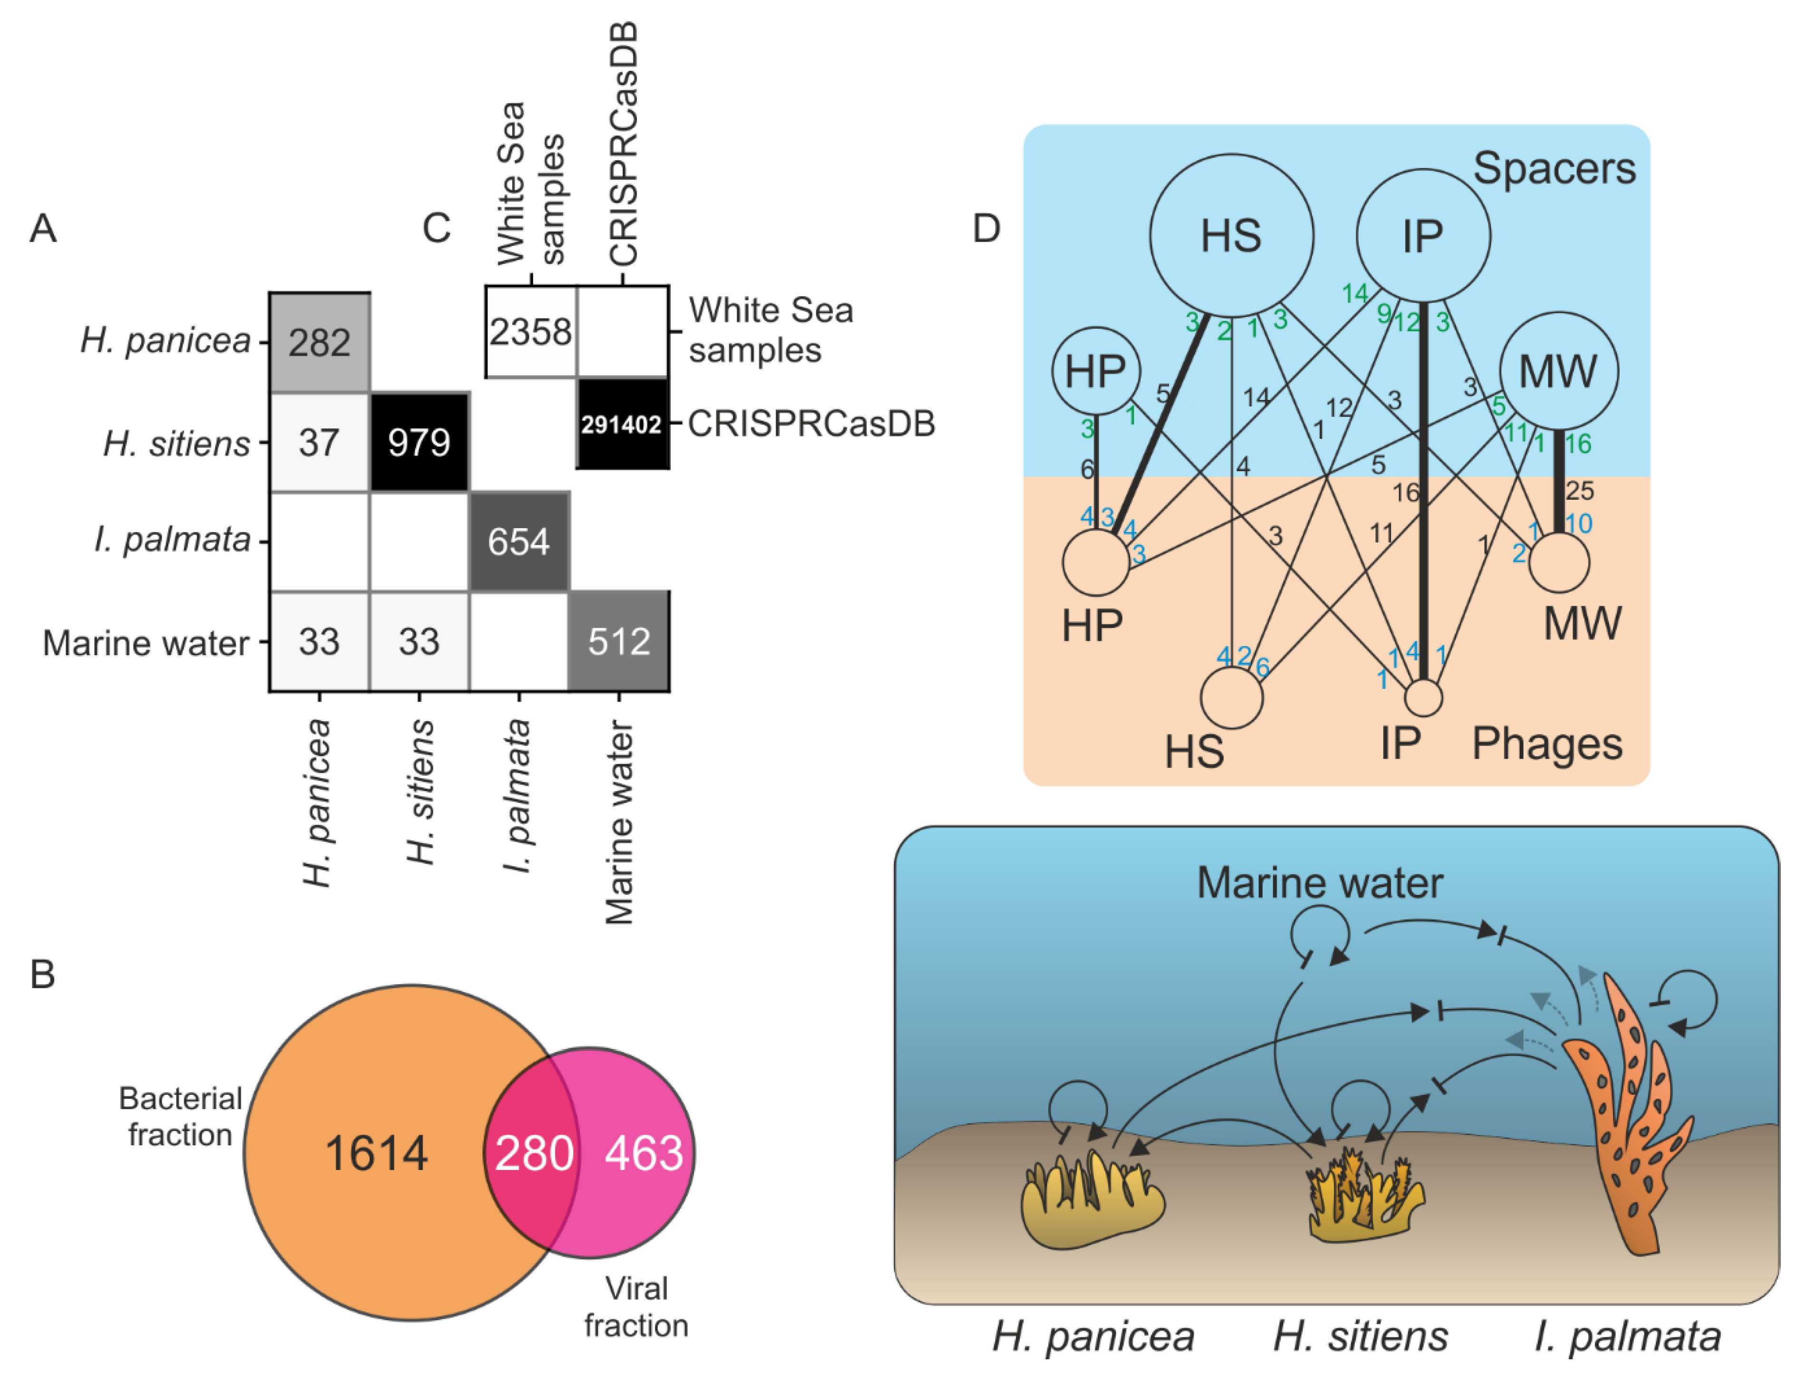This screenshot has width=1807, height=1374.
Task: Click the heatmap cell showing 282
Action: pos(320,342)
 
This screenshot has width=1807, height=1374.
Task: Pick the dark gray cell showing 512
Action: pos(619,641)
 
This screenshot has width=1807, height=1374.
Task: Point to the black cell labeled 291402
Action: pos(623,424)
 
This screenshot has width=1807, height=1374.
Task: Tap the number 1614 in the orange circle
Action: pos(376,1154)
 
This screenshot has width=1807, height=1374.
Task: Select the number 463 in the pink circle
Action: pos(644,1153)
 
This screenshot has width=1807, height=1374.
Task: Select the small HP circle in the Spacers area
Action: pos(1096,371)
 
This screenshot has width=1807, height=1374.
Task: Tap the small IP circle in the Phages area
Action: pos(1423,697)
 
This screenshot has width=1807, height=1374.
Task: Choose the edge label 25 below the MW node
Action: pos(1580,491)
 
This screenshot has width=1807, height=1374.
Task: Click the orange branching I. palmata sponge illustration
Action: pos(1628,1113)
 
